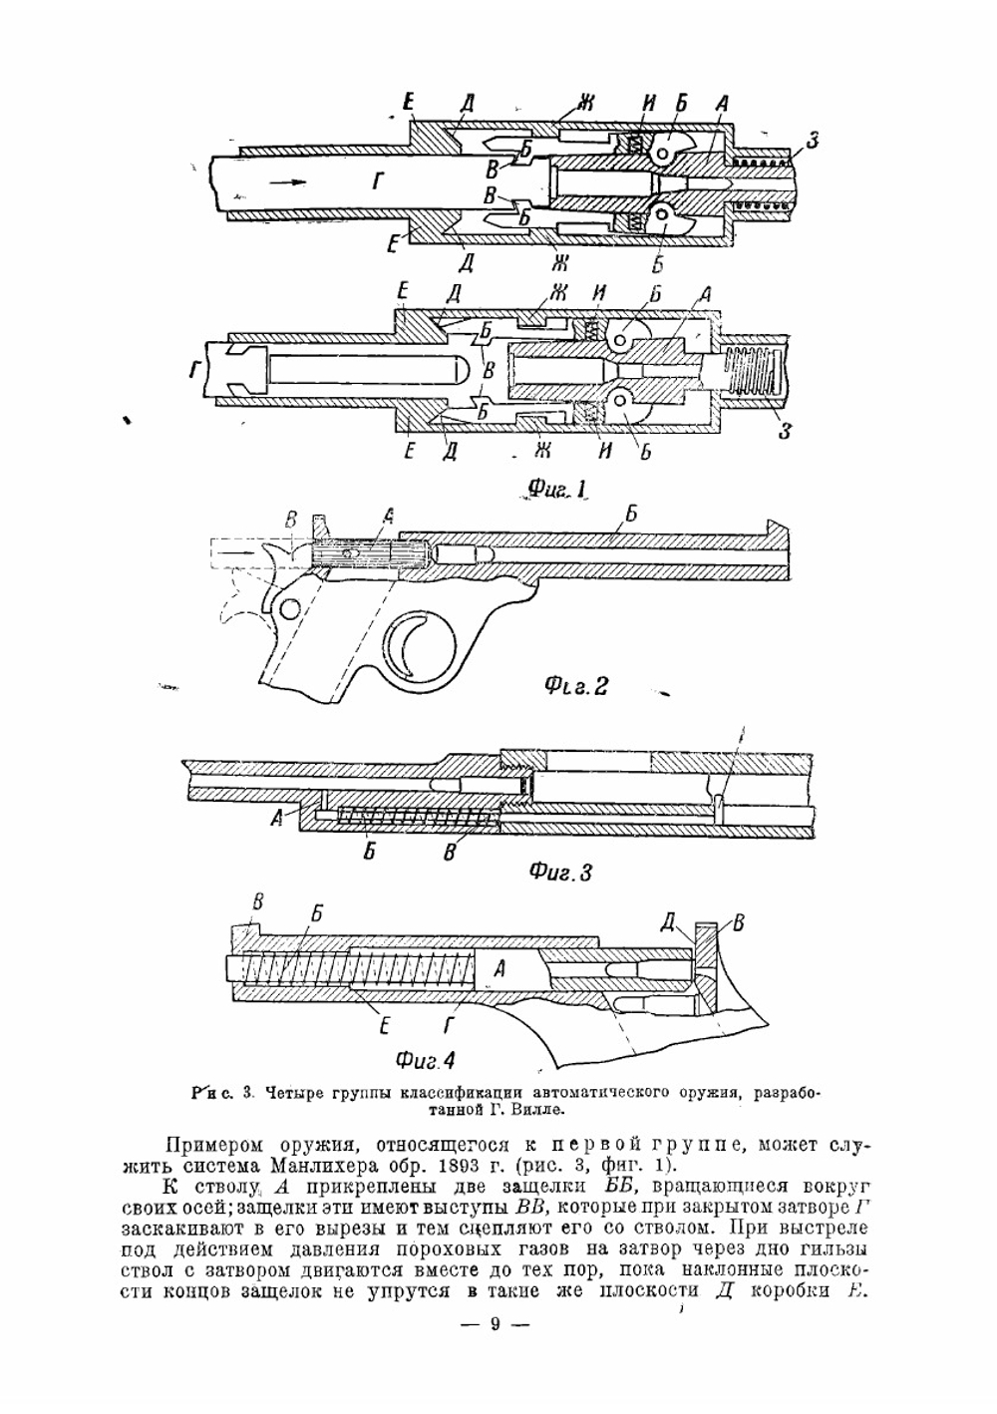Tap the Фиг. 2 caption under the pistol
[575, 686]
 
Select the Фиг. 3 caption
[560, 873]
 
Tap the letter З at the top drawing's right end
[813, 143]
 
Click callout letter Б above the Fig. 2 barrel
[629, 515]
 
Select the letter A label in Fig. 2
[388, 516]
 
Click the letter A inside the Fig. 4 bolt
[500, 966]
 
